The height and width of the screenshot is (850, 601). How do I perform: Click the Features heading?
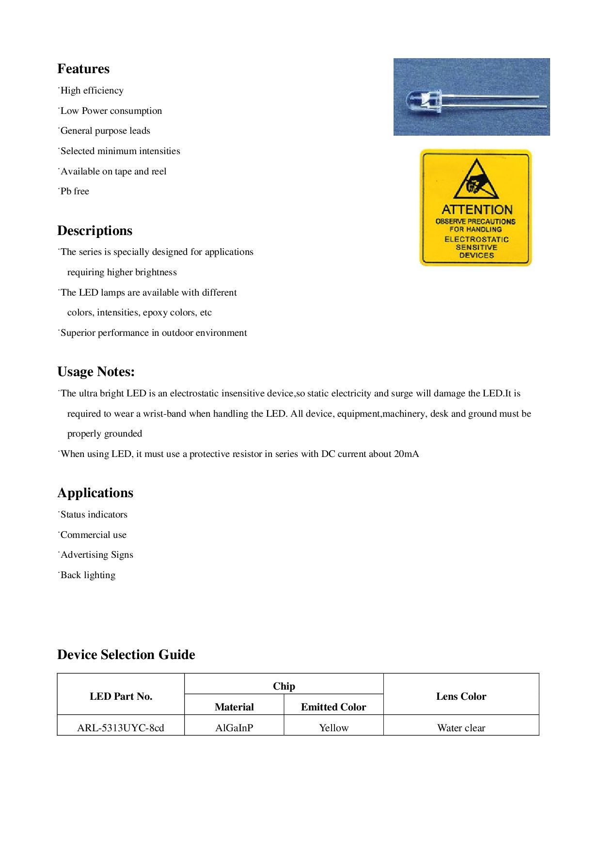point(83,69)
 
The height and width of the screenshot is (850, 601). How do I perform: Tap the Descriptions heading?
point(95,231)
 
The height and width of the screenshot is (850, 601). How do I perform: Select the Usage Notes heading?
point(96,372)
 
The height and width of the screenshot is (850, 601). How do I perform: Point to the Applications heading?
point(95,493)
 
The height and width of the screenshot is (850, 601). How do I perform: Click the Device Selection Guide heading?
point(126,655)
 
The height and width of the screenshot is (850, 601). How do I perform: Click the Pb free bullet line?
point(75,191)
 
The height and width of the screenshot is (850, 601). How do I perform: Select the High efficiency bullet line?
point(92,91)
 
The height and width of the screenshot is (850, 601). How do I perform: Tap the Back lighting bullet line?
point(88,575)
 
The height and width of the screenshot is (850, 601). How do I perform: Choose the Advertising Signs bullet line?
point(96,555)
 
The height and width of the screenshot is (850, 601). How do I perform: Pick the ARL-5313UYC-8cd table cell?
point(121,728)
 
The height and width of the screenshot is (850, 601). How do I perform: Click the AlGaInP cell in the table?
point(234,728)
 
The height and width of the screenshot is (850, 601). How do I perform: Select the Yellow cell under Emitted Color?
point(333,728)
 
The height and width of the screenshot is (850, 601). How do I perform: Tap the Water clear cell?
point(461,728)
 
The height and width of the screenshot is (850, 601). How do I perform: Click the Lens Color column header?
point(461,696)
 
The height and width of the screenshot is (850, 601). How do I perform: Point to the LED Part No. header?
point(121,696)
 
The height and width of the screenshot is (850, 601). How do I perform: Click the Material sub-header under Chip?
point(234,707)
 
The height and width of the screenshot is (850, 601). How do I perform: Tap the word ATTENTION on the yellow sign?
point(477,210)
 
